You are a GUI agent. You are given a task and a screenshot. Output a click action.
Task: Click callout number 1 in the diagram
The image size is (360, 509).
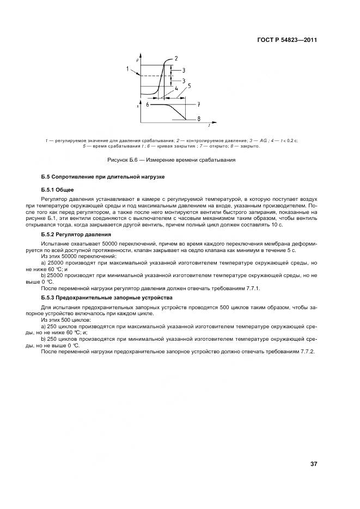coord(127,69)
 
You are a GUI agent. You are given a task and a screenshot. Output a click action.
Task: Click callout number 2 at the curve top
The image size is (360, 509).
coord(176,58)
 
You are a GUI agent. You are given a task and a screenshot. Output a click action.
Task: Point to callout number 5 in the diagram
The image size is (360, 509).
coord(189,85)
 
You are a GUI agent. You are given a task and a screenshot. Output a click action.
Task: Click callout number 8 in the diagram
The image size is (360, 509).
coord(199,119)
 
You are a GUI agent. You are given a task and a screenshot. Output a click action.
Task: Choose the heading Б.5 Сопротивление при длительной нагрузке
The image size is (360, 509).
coord(102,177)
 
